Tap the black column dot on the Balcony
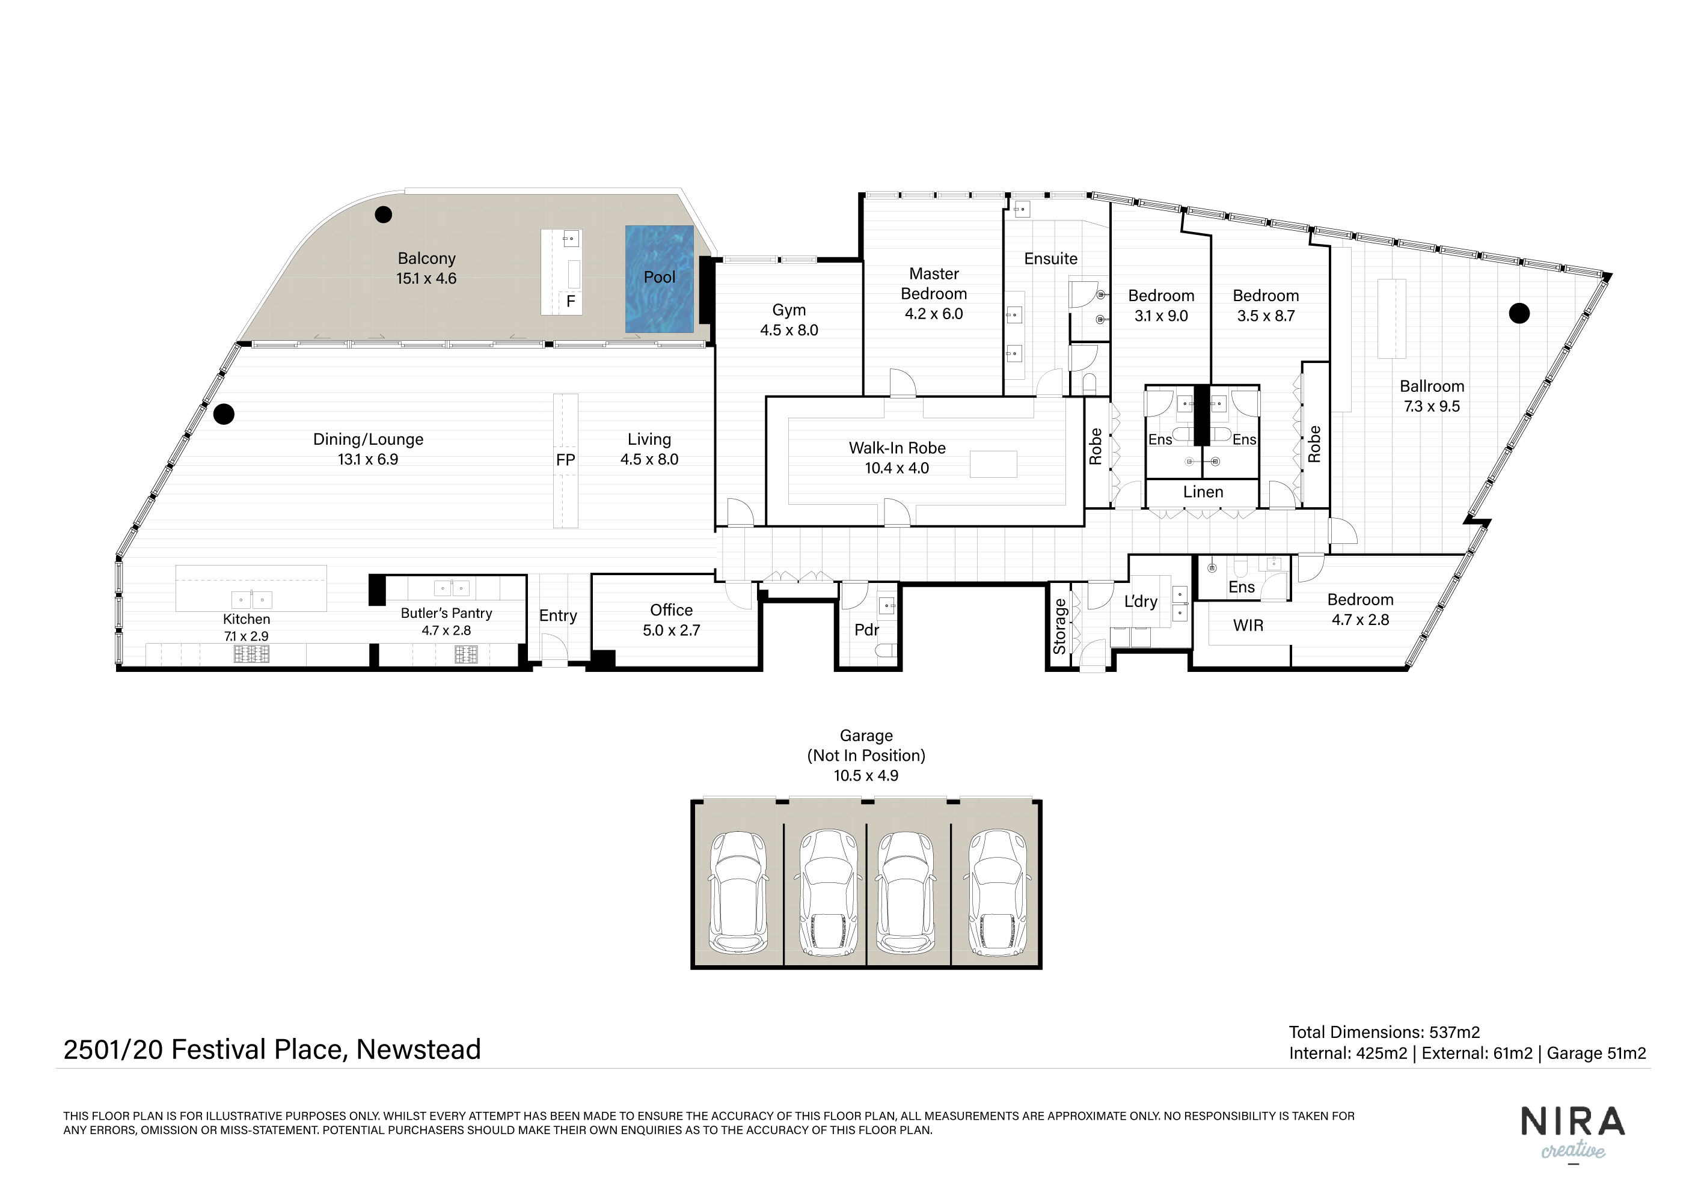click(x=383, y=215)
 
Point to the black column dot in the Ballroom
click(x=1519, y=314)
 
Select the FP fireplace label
click(x=565, y=460)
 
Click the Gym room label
click(x=789, y=310)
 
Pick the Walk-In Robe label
click(x=897, y=448)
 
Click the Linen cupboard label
click(x=1203, y=492)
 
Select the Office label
click(x=671, y=610)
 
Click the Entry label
click(x=558, y=616)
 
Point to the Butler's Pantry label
click(x=446, y=613)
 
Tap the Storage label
click(x=1059, y=627)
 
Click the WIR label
click(x=1248, y=626)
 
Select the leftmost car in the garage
click(x=738, y=891)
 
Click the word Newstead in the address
click(x=418, y=1049)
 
